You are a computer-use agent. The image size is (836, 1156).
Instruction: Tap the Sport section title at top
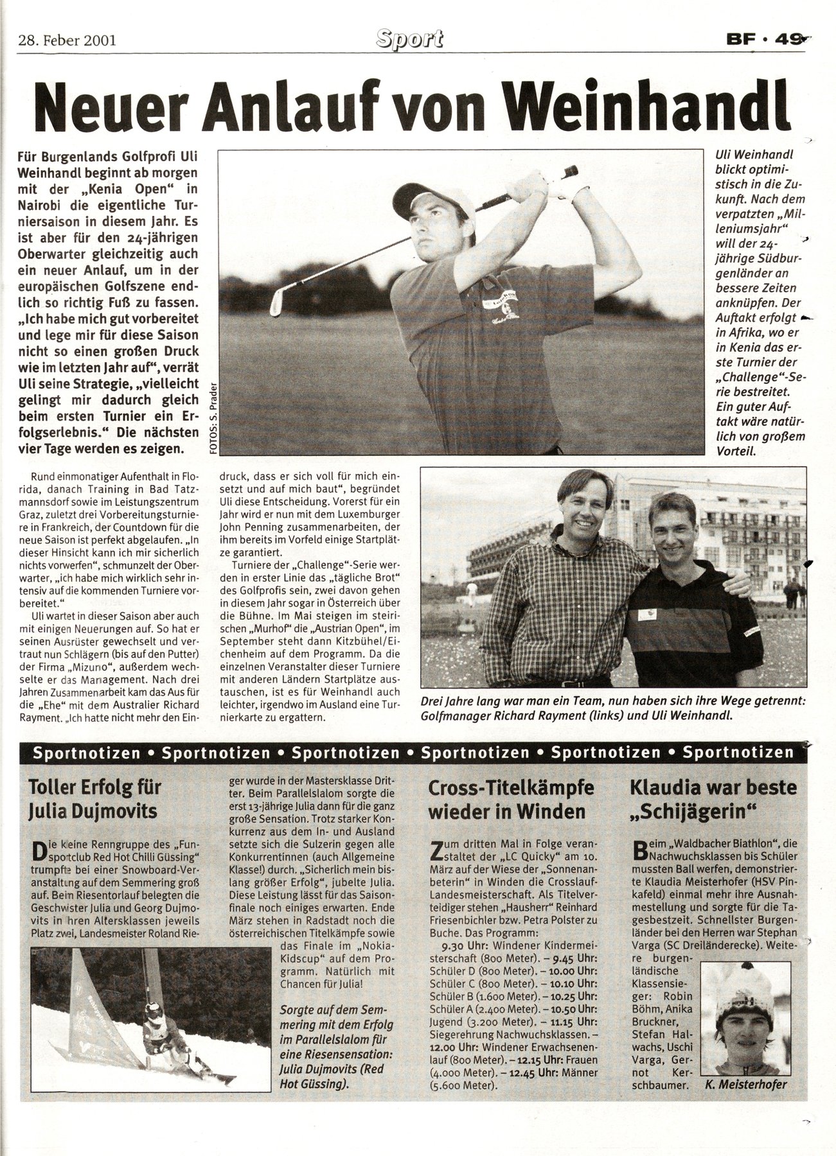click(x=410, y=40)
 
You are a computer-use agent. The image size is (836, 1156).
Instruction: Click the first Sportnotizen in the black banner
click(x=85, y=752)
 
